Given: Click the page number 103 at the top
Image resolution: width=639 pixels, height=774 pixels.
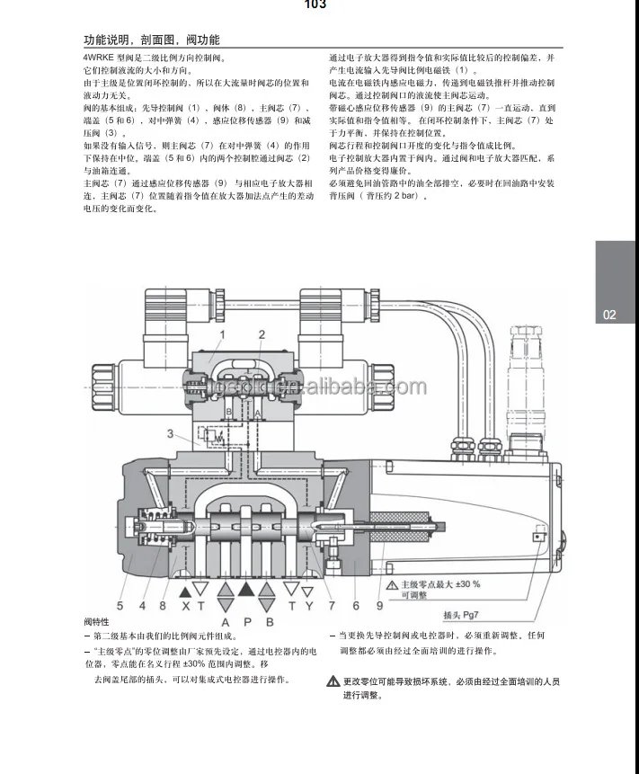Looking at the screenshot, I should coord(315,4).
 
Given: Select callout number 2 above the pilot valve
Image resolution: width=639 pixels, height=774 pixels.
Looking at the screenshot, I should coord(262,336).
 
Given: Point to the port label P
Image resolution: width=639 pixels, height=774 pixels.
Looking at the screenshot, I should coord(244,621).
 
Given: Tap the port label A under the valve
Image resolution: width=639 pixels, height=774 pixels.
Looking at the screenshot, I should coord(223,621).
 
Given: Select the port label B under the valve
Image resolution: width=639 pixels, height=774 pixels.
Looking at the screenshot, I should coord(267,621).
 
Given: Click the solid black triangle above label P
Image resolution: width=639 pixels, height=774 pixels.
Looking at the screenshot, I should coord(245,589).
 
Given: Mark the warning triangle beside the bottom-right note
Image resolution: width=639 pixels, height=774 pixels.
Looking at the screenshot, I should coord(333,682).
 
